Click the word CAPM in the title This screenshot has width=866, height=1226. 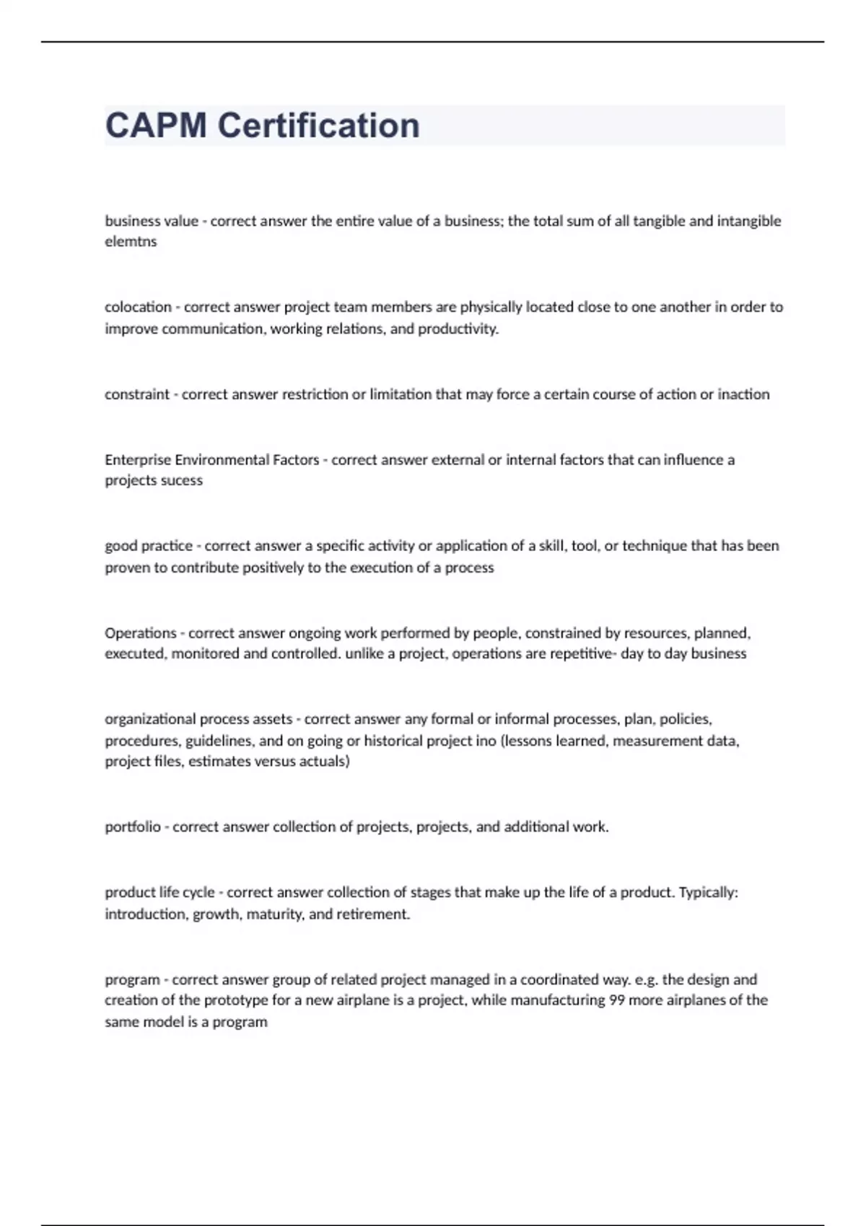coord(156,125)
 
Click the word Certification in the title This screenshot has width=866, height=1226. coord(318,125)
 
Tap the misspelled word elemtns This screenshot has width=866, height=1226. coord(131,242)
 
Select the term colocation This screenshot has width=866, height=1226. coord(138,307)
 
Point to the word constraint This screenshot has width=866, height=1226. coord(137,394)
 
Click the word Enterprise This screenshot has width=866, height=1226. coord(138,460)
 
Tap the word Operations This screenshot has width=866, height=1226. coord(140,633)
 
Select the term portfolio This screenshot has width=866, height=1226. coord(132,827)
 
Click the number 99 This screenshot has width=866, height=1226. coord(617,1000)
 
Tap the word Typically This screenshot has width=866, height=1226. coord(709,893)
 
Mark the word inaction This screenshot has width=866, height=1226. coord(743,394)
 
